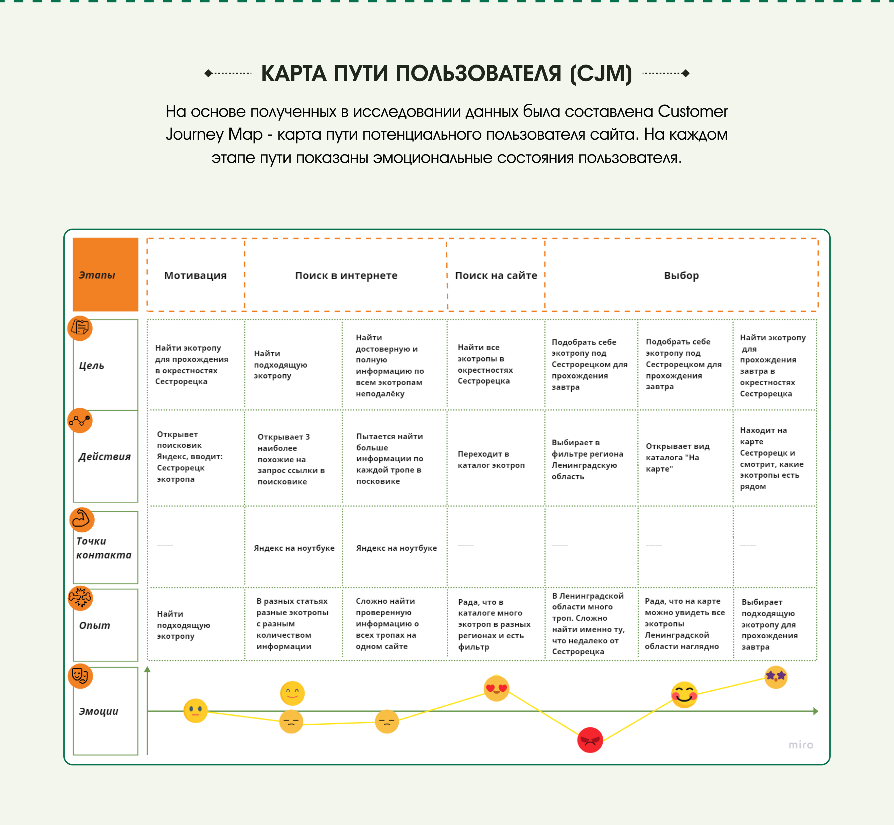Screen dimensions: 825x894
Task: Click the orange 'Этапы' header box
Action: click(x=105, y=275)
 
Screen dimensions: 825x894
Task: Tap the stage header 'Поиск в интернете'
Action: click(x=346, y=275)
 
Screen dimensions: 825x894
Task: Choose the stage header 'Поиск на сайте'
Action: click(x=496, y=275)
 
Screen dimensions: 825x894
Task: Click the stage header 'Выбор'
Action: click(x=681, y=275)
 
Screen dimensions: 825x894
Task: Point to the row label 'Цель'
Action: click(x=92, y=366)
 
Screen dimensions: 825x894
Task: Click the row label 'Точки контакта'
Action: click(x=104, y=548)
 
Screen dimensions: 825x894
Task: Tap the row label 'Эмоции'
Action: click(x=99, y=711)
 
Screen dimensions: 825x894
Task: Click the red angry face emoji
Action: click(x=590, y=740)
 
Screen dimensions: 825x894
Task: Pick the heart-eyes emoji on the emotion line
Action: click(x=496, y=688)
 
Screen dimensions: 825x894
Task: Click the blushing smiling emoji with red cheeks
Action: click(x=684, y=695)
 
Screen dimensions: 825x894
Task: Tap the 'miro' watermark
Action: click(x=801, y=745)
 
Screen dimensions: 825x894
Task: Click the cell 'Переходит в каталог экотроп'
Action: click(x=491, y=459)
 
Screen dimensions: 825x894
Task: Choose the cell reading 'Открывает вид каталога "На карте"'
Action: click(x=677, y=457)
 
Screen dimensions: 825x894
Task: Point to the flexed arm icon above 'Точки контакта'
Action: click(x=82, y=519)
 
